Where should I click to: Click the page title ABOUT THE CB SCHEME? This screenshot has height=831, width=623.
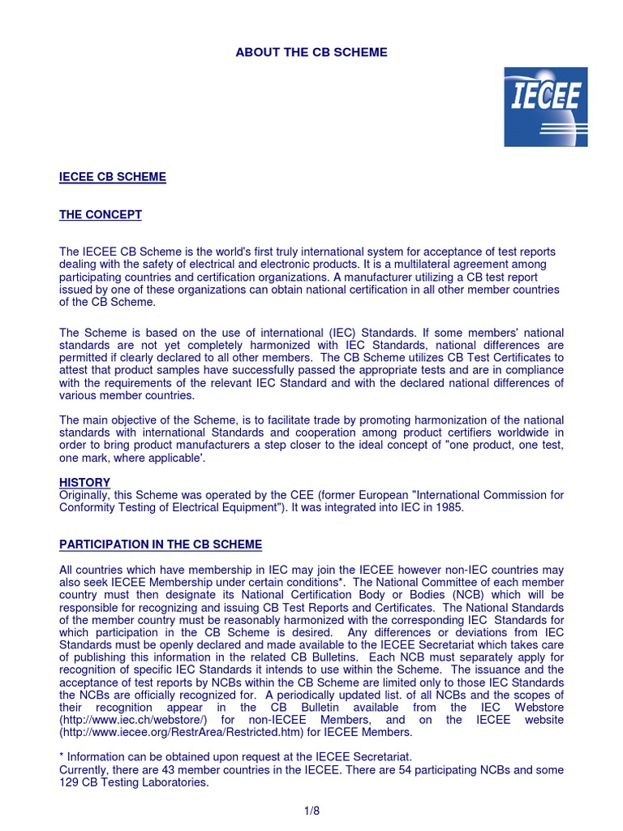tap(311, 53)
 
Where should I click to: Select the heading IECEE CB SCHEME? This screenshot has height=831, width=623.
tap(113, 177)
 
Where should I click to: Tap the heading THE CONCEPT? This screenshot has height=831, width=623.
tap(101, 214)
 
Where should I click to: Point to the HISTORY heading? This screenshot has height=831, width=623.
tap(84, 482)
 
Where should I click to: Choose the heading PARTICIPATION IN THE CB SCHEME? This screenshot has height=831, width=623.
tap(161, 544)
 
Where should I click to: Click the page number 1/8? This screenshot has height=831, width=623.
tap(311, 810)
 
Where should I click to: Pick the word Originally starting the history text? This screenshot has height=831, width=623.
tap(84, 494)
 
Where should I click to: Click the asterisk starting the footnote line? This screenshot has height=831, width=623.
tap(62, 756)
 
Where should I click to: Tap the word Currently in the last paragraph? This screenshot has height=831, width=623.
tap(84, 769)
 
